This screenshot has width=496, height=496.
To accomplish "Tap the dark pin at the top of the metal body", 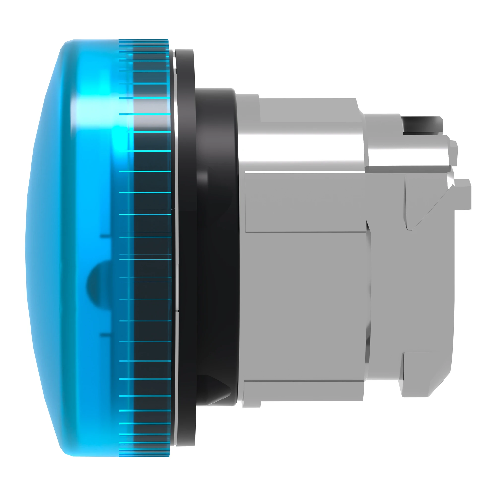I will tap(422, 125).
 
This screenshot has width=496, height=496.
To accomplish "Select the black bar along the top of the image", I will tap(248, 7).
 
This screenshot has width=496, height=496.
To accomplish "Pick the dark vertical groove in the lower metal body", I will tap(369, 295).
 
